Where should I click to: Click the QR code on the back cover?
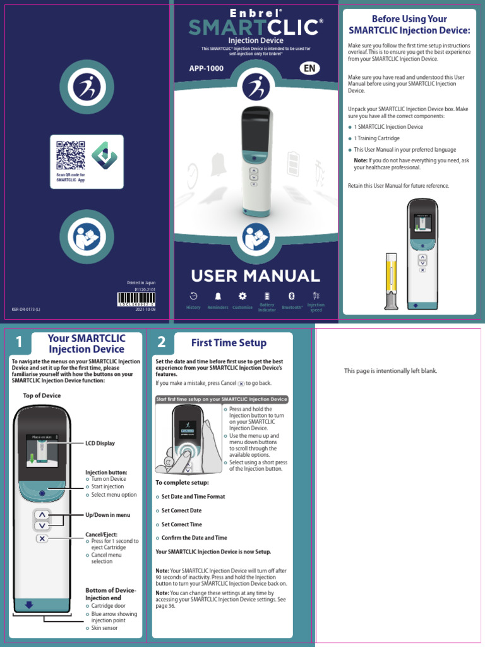pos(70,155)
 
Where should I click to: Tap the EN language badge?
pos(309,68)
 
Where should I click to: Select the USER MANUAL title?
pos(256,275)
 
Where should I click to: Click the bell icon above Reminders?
pos(218,296)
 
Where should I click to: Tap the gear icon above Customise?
pos(242,296)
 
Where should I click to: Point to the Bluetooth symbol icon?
pos(292,296)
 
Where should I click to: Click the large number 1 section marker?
pos(20,342)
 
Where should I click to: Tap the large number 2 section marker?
pos(162,342)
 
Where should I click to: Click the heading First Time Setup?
pos(229,342)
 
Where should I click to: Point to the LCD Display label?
pos(100,444)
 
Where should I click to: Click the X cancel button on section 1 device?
pos(42,538)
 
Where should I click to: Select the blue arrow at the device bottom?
pos(28,605)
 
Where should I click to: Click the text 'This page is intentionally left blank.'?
pos(390,371)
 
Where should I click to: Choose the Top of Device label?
pos(42,396)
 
